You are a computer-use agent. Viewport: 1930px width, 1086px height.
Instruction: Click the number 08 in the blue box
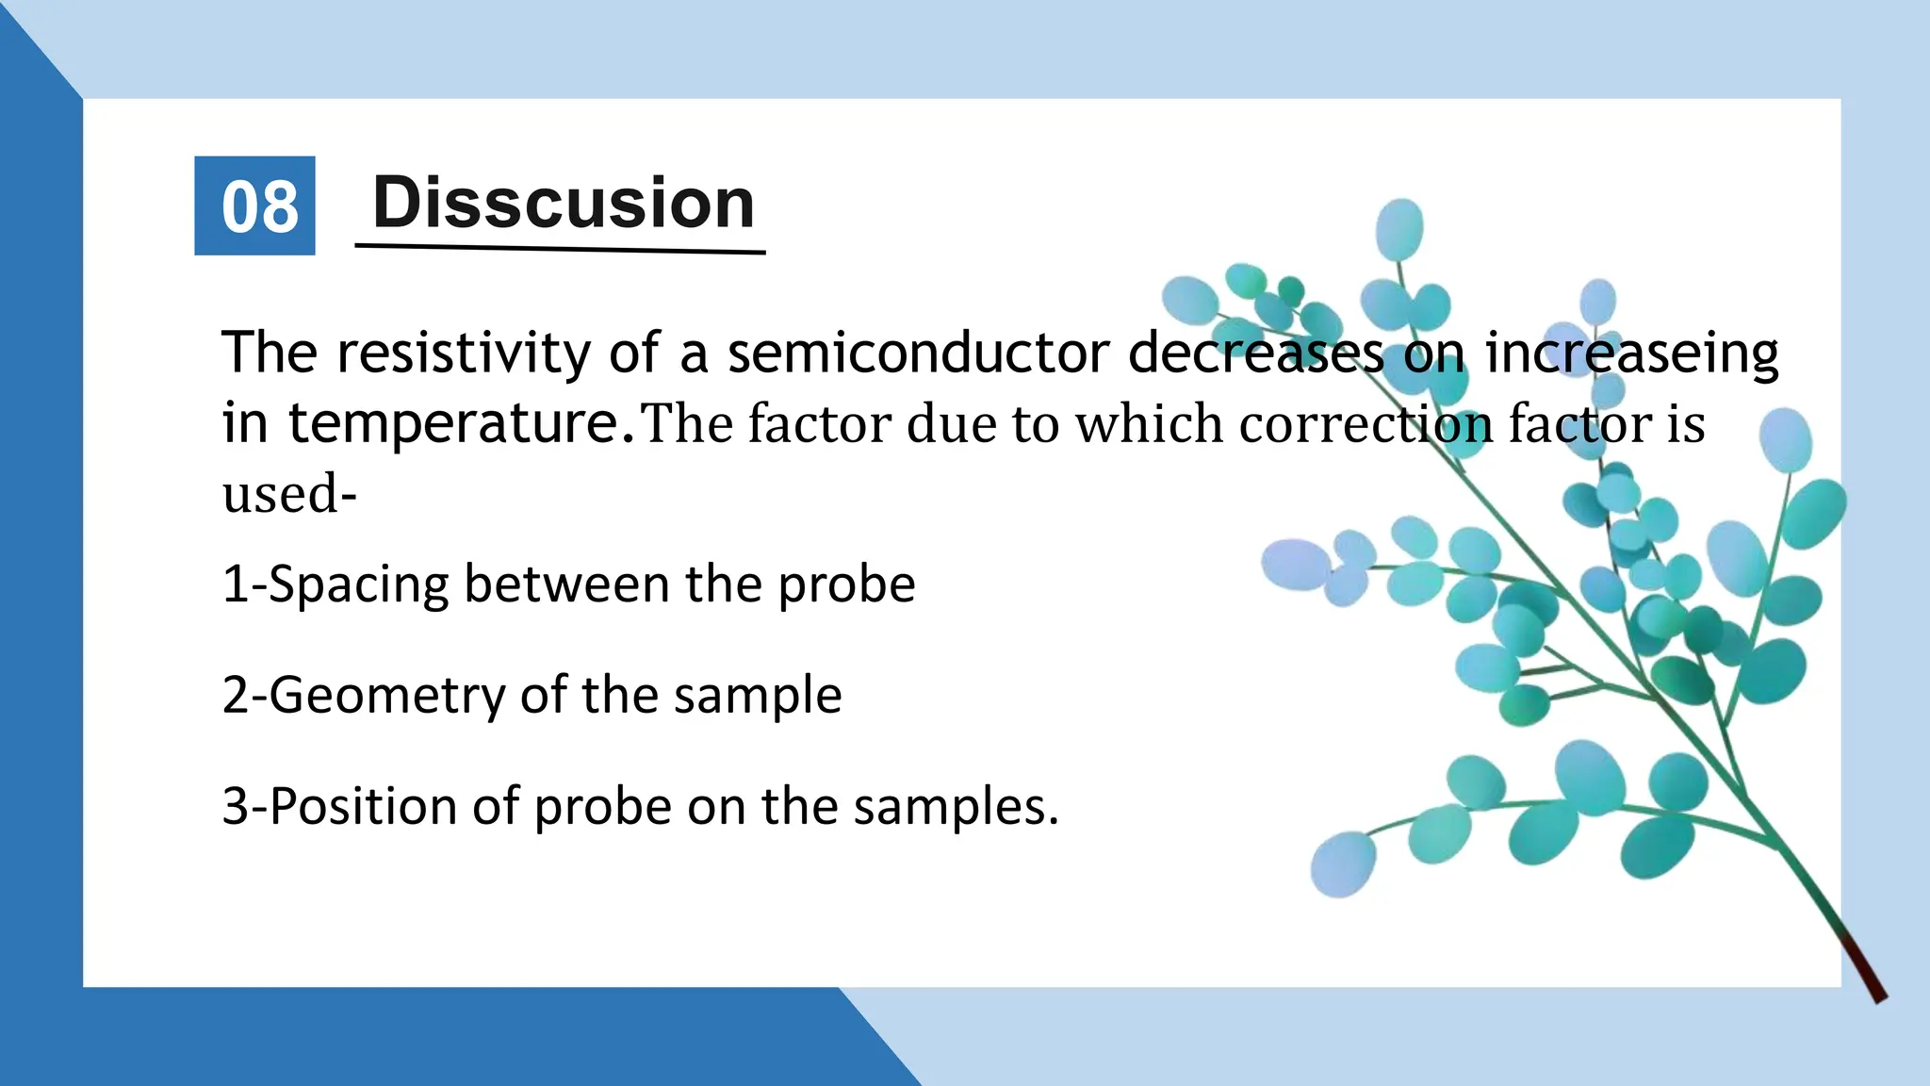(x=259, y=206)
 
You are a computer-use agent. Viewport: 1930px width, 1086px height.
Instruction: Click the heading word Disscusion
(x=564, y=203)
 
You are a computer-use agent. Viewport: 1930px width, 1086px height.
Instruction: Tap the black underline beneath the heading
(x=560, y=249)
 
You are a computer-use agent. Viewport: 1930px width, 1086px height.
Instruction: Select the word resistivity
(x=464, y=354)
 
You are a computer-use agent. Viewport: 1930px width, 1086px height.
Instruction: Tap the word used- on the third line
(x=288, y=494)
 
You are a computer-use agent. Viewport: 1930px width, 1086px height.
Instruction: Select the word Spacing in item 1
(x=358, y=585)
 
